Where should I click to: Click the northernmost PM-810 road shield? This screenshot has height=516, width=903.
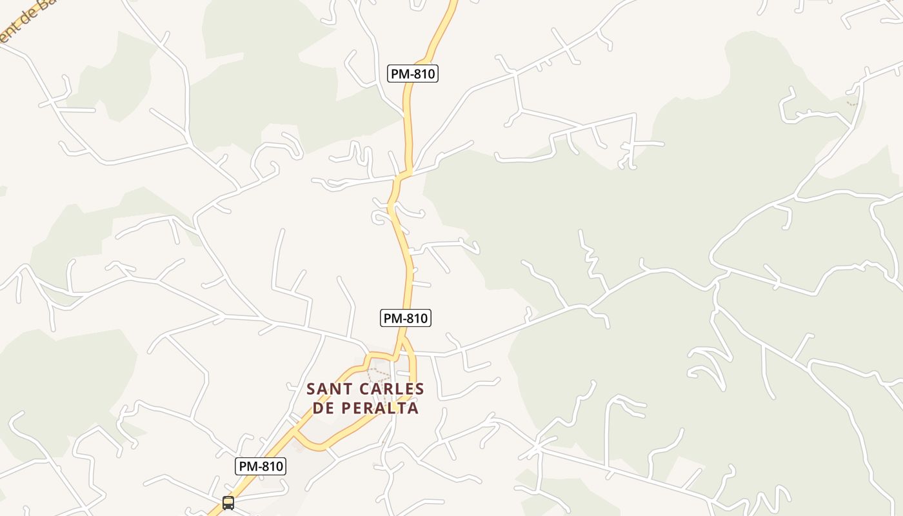(x=413, y=74)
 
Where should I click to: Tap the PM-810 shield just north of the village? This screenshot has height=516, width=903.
(x=405, y=318)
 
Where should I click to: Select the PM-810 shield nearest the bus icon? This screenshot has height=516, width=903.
(x=261, y=466)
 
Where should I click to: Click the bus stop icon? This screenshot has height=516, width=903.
(x=228, y=503)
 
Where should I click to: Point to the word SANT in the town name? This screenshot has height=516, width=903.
(x=328, y=390)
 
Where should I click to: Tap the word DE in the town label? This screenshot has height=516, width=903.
(x=324, y=408)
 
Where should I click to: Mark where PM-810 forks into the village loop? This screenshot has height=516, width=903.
(x=402, y=338)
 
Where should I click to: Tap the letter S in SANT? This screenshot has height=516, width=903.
(x=312, y=390)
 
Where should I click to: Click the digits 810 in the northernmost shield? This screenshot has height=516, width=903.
(x=422, y=74)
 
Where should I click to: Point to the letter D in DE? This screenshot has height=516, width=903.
(x=318, y=408)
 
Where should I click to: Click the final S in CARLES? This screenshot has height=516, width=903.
(x=420, y=390)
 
